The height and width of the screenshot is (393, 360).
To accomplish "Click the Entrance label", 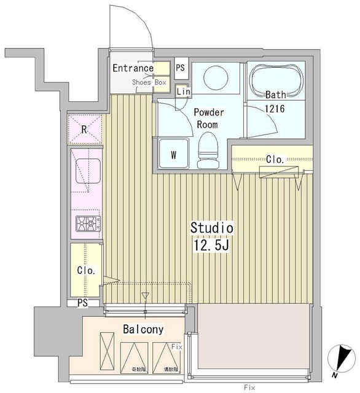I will click(133, 68).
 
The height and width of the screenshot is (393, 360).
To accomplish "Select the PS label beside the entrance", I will click(180, 68).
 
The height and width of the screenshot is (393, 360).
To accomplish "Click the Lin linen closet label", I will click(183, 91).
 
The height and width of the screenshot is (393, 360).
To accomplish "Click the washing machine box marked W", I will click(174, 154).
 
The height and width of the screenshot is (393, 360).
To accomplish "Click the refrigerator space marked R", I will click(84, 130).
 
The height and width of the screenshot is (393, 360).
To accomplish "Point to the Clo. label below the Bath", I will click(275, 160).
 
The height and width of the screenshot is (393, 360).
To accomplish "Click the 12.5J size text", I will click(211, 246).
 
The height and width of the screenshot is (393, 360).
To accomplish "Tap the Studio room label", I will click(211, 228).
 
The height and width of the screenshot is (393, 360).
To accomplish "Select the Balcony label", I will click(143, 329).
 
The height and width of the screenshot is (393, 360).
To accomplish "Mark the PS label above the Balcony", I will click(82, 303).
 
